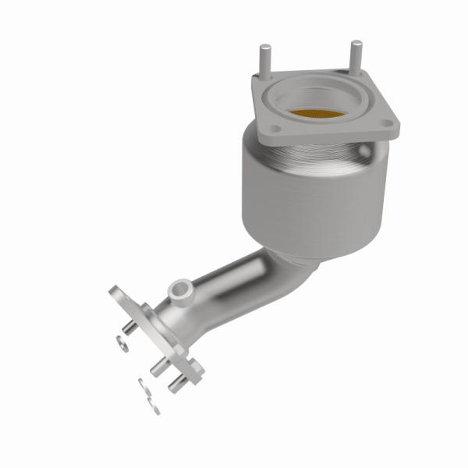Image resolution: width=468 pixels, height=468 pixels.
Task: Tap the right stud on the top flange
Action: (x=355, y=55)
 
